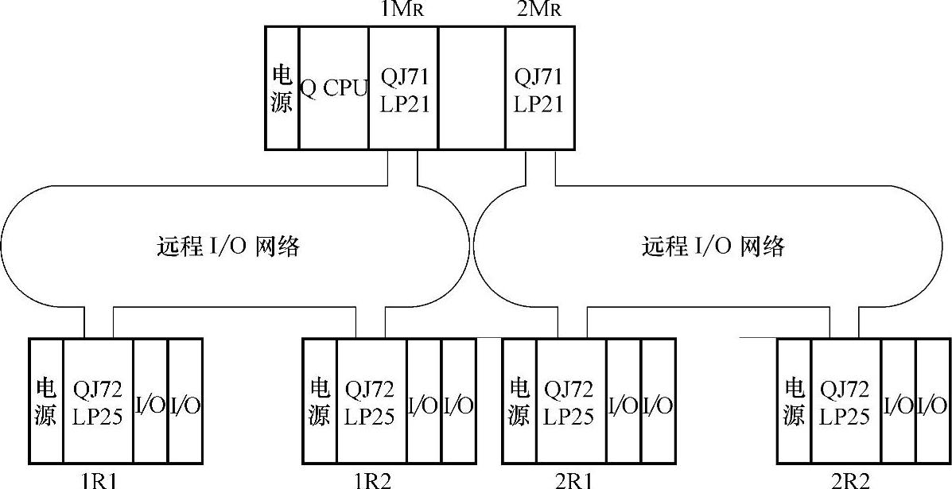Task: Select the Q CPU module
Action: tap(333, 88)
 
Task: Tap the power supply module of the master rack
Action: tap(282, 88)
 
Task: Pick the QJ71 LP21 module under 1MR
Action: tap(403, 88)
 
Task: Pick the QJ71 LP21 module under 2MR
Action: tap(539, 88)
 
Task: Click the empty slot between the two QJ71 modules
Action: tap(471, 88)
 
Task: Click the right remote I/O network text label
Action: tap(713, 247)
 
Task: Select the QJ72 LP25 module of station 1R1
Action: tap(98, 402)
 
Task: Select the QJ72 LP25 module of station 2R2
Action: tap(845, 402)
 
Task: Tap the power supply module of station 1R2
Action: tap(319, 402)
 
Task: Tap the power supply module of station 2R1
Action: tap(519, 402)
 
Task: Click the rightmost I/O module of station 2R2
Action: tap(932, 402)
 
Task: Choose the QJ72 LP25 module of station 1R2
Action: tap(371, 402)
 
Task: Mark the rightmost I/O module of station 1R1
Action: tap(185, 402)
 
